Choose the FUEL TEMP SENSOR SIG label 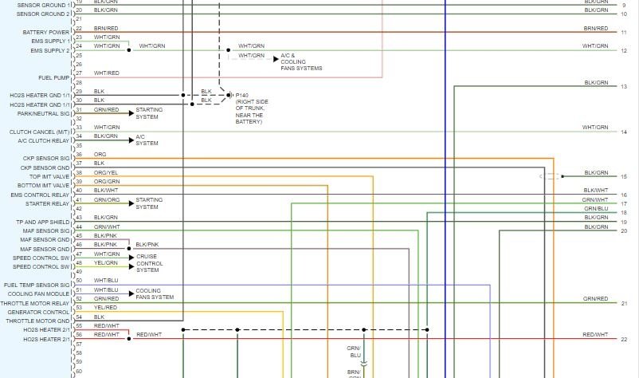pyautogui.click(x=37, y=285)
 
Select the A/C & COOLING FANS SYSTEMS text pyautogui.click(x=301, y=63)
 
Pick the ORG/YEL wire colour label pyautogui.click(x=105, y=172)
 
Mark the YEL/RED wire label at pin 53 pyautogui.click(x=105, y=307)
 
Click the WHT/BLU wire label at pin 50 pyautogui.click(x=105, y=280)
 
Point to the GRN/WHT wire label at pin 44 pyautogui.click(x=107, y=226)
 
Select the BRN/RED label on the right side pyautogui.click(x=595, y=28)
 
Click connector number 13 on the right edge pyautogui.click(x=624, y=86)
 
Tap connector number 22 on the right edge pyautogui.click(x=624, y=339)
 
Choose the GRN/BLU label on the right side pyautogui.click(x=595, y=209)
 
